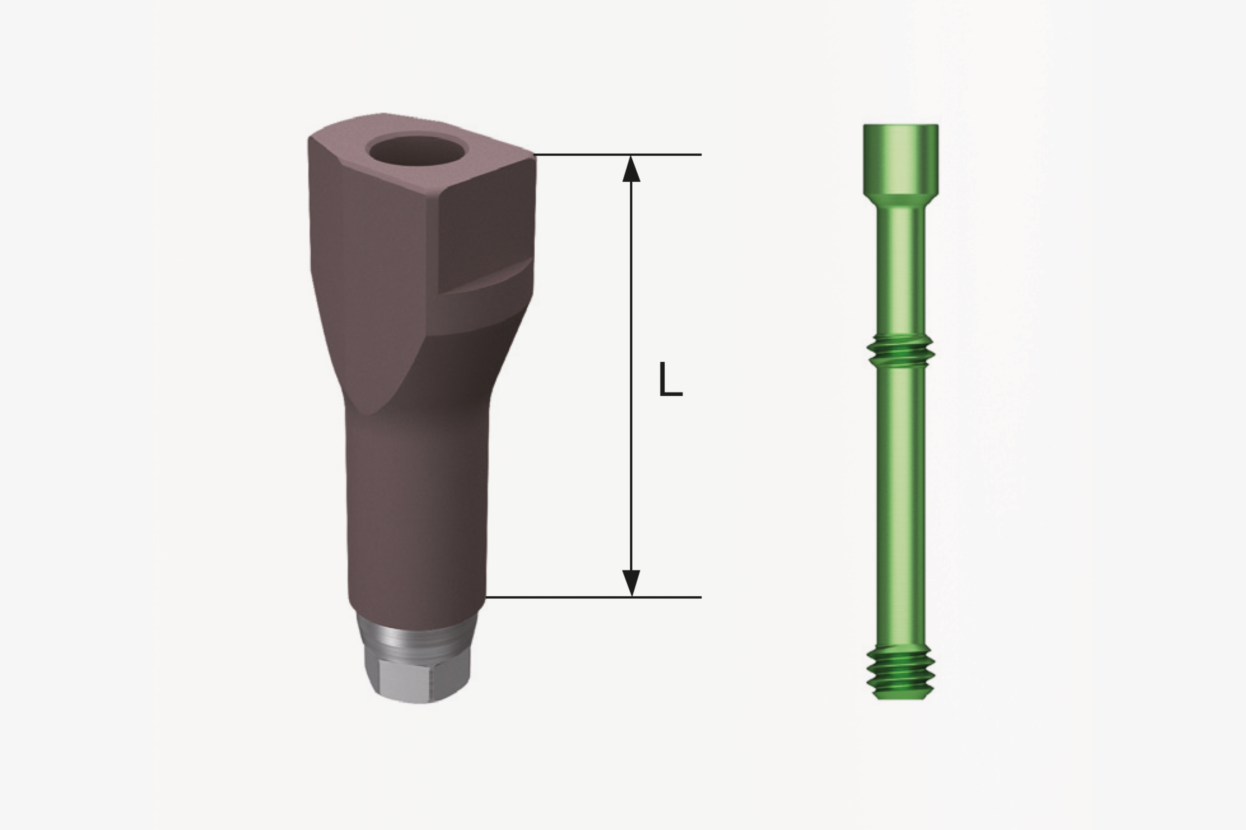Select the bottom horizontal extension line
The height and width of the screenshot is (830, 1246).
(593, 598)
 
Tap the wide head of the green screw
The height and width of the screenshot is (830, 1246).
(901, 159)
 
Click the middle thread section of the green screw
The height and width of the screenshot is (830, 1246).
(901, 351)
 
